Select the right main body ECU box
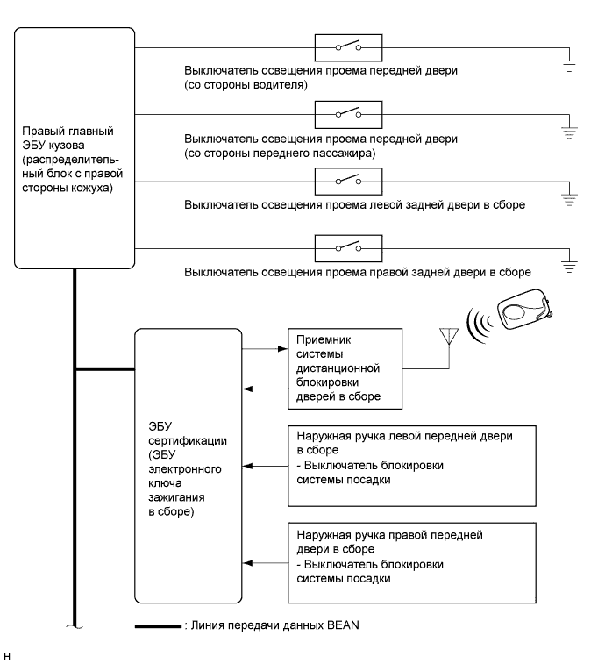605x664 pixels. pos(75,148)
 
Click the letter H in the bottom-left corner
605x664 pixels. pos(8,654)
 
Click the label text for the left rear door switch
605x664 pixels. pos(354,204)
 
